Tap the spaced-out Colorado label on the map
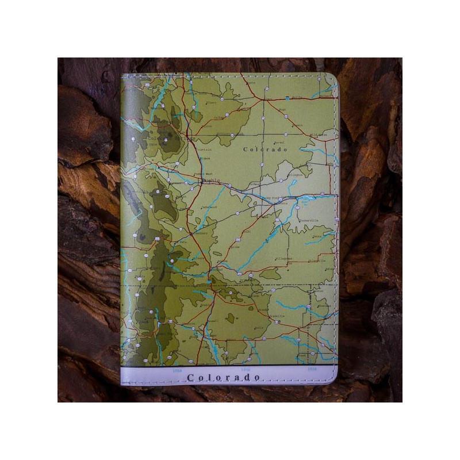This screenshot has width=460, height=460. (x=265, y=149)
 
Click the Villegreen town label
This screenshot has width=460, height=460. (x=282, y=259)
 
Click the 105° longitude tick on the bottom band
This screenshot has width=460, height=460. (x=176, y=371)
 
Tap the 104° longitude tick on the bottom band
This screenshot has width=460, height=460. (x=245, y=370)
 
